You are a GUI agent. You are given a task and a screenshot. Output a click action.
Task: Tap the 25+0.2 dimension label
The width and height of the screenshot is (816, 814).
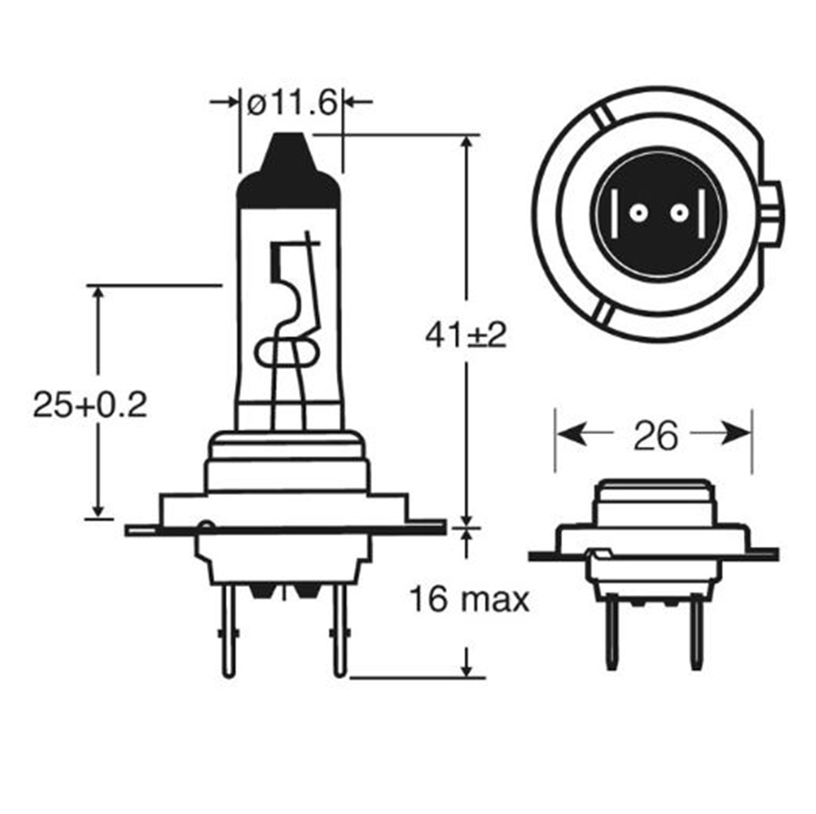[x=90, y=405]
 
